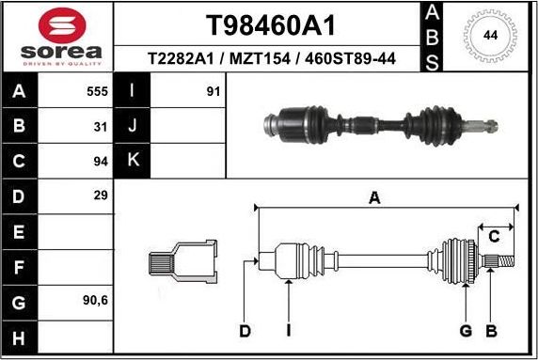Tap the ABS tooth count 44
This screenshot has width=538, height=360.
tap(490, 36)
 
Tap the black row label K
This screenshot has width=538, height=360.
tap(133, 161)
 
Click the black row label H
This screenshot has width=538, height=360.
tap(19, 336)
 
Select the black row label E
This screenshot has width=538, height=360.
tap(19, 231)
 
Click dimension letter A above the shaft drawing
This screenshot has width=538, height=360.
tap(374, 197)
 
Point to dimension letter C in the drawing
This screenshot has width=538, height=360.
tap(493, 237)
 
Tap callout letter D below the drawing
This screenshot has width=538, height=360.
tap(245, 330)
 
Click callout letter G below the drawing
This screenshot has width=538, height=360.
tap(466, 330)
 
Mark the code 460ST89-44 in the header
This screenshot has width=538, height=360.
tap(353, 59)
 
